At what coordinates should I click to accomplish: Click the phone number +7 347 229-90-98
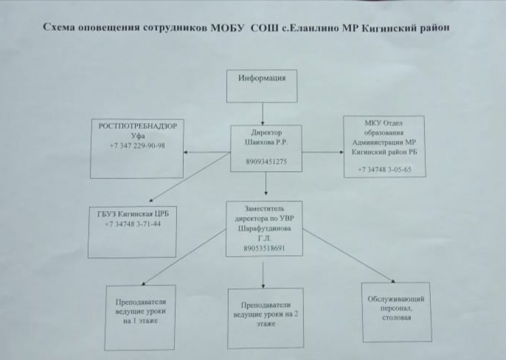pos(137,146)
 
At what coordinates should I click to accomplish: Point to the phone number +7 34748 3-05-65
pos(384,170)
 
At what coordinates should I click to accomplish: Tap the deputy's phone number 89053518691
pos(263,249)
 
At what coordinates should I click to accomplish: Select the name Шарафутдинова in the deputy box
pos(263,229)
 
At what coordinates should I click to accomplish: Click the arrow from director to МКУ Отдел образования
pos(323,152)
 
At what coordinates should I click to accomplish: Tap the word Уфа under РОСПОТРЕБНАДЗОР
pos(137,136)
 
